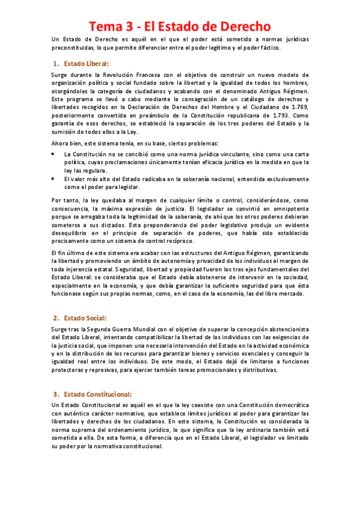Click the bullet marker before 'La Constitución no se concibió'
pyautogui.click(x=55, y=154)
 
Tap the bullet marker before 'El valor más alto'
pyautogui.click(x=55, y=179)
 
